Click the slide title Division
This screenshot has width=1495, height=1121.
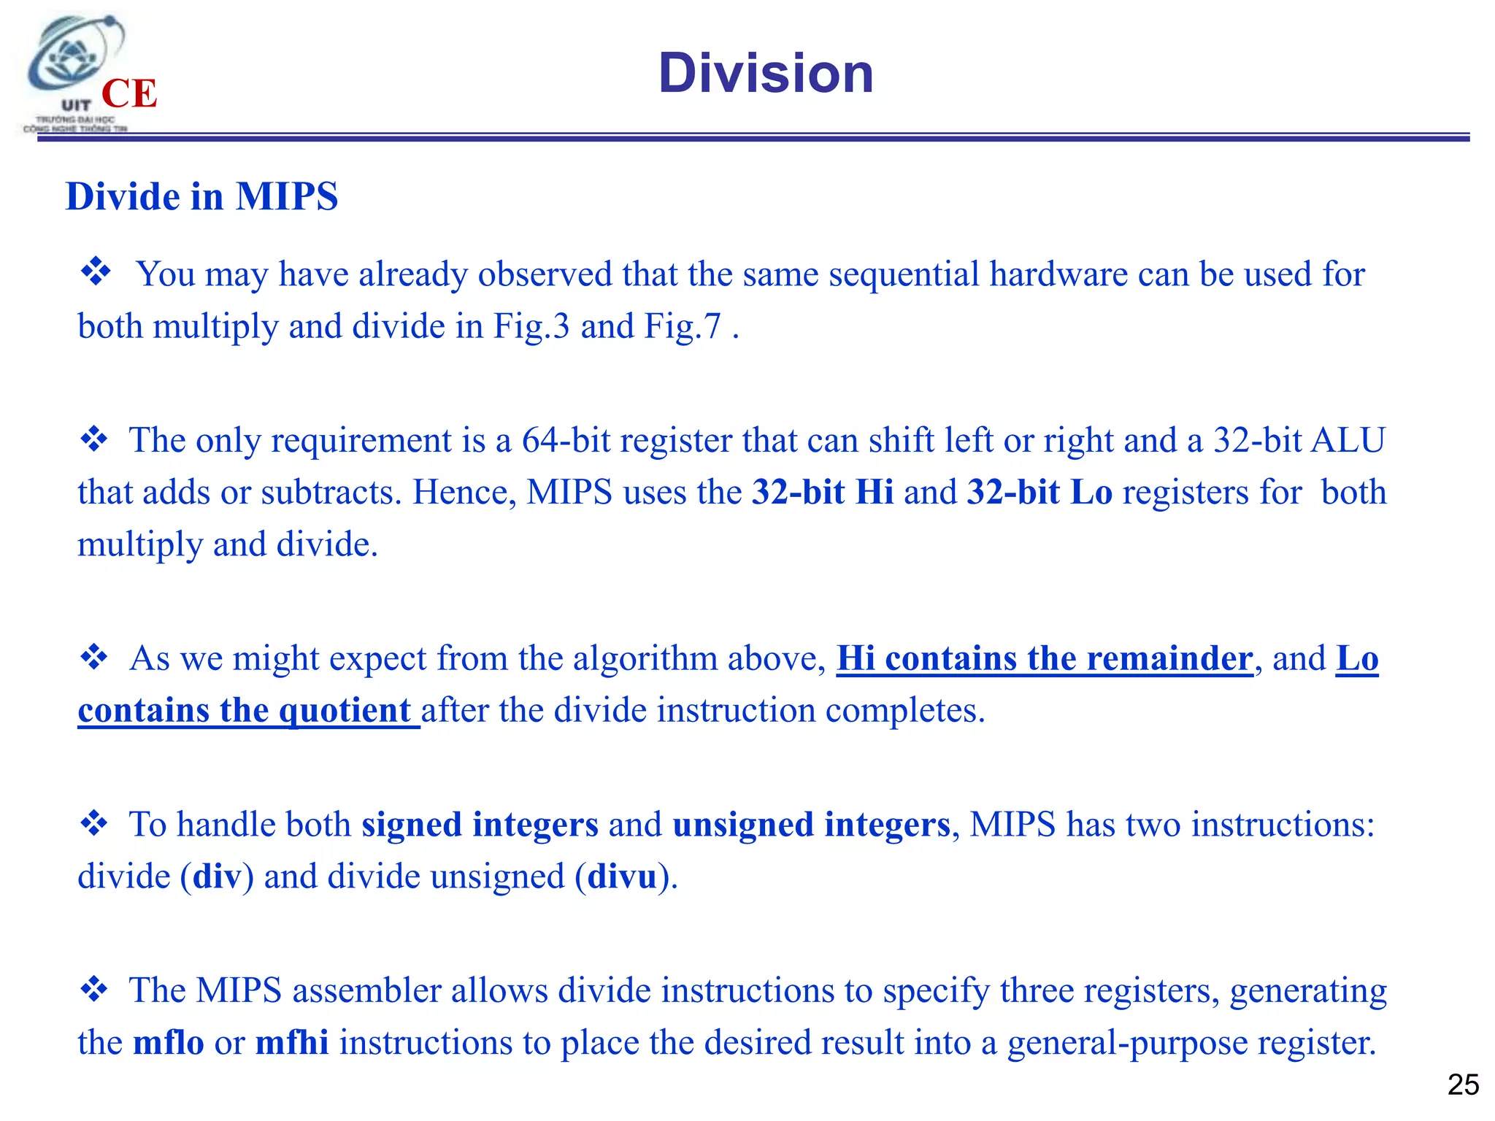tap(766, 74)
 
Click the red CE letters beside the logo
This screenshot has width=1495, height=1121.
tap(129, 94)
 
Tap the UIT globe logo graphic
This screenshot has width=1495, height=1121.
tap(73, 58)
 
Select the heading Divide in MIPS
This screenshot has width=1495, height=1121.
tap(201, 196)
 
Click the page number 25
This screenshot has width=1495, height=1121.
tap(1463, 1085)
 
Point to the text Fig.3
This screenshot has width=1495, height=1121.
tap(531, 326)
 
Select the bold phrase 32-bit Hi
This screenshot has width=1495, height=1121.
tap(823, 492)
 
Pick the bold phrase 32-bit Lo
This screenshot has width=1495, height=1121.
tap(1039, 492)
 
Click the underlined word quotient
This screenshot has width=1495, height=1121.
tap(345, 711)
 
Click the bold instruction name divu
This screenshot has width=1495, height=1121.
tap(622, 877)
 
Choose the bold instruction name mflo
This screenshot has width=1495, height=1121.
tap(168, 1042)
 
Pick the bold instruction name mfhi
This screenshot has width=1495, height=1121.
tap(291, 1042)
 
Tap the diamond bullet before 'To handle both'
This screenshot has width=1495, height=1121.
tap(94, 823)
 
